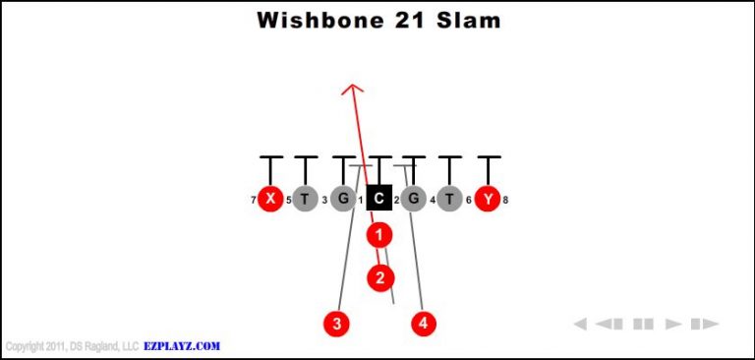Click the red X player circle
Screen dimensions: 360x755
(x=270, y=199)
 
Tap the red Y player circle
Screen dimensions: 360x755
(x=487, y=199)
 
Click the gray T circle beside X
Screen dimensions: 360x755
(x=306, y=199)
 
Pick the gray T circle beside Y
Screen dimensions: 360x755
(x=450, y=199)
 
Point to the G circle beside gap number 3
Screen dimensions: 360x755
(x=342, y=199)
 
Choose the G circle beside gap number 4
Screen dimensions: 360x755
(x=414, y=199)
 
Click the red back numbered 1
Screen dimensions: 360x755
(x=379, y=235)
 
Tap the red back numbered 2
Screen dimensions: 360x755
(x=380, y=277)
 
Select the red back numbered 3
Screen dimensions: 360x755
(x=336, y=323)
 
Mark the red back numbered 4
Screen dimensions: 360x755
(x=424, y=323)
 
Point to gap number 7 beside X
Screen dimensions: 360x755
(x=254, y=201)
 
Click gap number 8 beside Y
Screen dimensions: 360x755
(x=505, y=201)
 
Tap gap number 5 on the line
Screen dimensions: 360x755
(x=288, y=201)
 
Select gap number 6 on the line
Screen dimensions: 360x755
(x=469, y=201)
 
